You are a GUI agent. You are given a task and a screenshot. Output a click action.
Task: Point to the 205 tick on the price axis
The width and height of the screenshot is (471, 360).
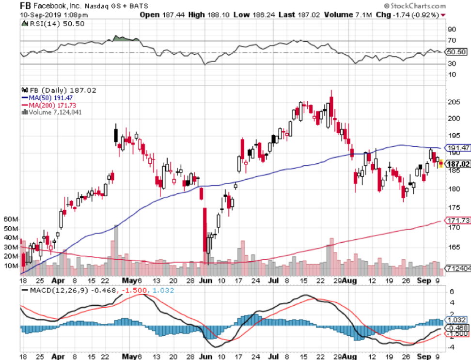[x=454, y=102]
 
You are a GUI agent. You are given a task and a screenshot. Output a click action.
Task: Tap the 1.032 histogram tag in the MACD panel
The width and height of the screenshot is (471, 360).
[x=457, y=320]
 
